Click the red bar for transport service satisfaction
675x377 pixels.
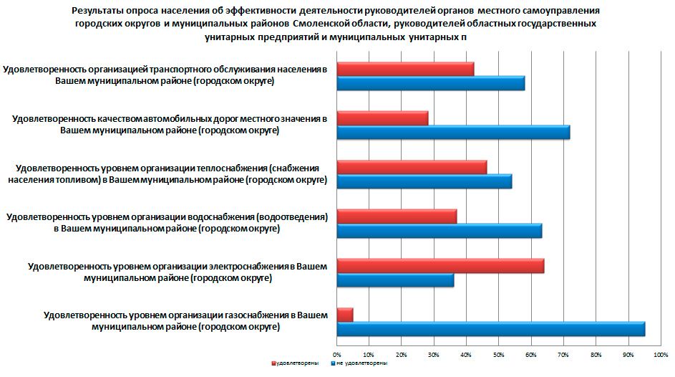pyautogui.click(x=405, y=69)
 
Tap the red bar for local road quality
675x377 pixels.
pyautogui.click(x=382, y=118)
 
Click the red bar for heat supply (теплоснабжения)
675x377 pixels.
pyautogui.click(x=412, y=167)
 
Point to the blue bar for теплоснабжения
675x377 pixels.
pyautogui.click(x=424, y=181)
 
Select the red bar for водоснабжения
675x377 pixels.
pyautogui.click(x=397, y=216)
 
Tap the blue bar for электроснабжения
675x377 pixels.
pyautogui.click(x=395, y=280)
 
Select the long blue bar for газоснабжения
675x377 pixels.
pyautogui.click(x=490, y=329)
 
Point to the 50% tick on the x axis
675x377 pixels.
pyautogui.click(x=498, y=353)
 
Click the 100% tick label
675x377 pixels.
pyautogui.click(x=660, y=353)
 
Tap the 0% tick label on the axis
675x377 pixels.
pyautogui.click(x=337, y=353)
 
